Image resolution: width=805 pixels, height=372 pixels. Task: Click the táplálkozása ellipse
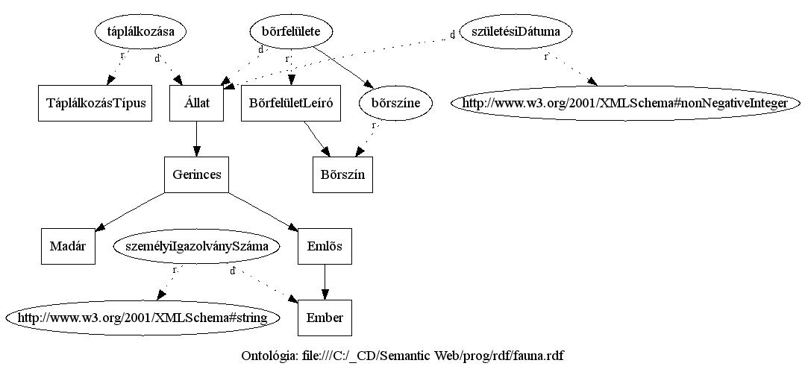[x=140, y=31]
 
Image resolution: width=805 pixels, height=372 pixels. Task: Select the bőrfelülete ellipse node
[x=291, y=31]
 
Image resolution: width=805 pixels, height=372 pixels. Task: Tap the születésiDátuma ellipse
[x=505, y=31]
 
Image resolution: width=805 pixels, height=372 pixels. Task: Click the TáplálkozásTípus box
[x=95, y=104]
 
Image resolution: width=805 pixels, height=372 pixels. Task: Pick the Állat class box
[x=196, y=104]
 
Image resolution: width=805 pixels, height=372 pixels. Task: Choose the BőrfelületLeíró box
[x=292, y=104]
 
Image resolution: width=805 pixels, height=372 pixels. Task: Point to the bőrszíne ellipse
[x=395, y=104]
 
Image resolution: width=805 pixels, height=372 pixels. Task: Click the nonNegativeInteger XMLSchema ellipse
[x=624, y=104]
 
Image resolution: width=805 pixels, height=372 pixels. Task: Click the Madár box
[x=68, y=246]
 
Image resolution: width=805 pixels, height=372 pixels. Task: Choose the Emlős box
[x=325, y=246]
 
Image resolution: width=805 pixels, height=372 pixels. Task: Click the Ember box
[x=325, y=318]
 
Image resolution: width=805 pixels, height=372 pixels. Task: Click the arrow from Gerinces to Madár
[x=131, y=211]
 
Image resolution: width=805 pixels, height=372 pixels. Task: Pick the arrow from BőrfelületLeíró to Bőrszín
[x=316, y=139]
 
